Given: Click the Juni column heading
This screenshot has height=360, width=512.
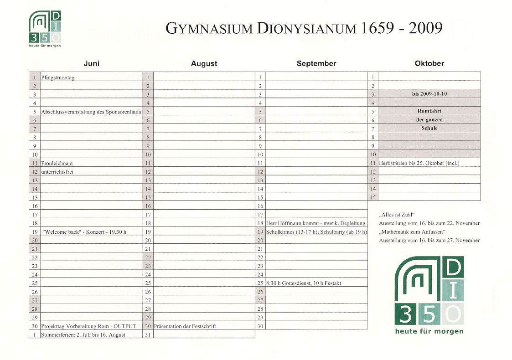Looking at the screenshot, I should click(92, 64).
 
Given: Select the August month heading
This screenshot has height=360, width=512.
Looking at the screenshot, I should click(204, 64).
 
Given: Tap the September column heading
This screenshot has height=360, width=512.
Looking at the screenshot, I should click(316, 64).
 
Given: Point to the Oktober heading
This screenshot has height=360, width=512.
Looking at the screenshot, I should click(429, 64).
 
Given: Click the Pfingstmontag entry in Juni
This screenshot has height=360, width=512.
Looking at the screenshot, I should click(58, 77).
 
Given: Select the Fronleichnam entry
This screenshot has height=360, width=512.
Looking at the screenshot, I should click(57, 163).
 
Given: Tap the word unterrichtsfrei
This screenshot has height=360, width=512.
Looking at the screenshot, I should click(57, 172).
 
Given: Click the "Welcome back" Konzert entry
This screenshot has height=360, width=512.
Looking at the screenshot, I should click(84, 232).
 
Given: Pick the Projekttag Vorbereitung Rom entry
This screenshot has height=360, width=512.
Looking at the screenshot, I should click(88, 326).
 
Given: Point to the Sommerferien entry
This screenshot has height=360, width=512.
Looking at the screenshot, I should click(83, 335).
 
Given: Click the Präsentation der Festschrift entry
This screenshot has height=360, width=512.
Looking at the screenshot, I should click(185, 326).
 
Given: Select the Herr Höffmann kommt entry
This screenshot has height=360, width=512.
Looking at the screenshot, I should click(316, 223).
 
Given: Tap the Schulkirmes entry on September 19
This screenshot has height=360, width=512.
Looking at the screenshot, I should click(316, 232).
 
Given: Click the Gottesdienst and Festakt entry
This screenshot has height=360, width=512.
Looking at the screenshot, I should click(304, 283).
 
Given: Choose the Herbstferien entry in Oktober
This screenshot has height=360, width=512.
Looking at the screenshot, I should click(419, 163).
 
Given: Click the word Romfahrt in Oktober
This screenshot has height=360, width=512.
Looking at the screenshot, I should click(429, 111).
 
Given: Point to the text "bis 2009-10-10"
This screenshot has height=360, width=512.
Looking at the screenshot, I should click(429, 94).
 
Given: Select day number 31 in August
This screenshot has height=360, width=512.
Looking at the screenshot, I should click(148, 335).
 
